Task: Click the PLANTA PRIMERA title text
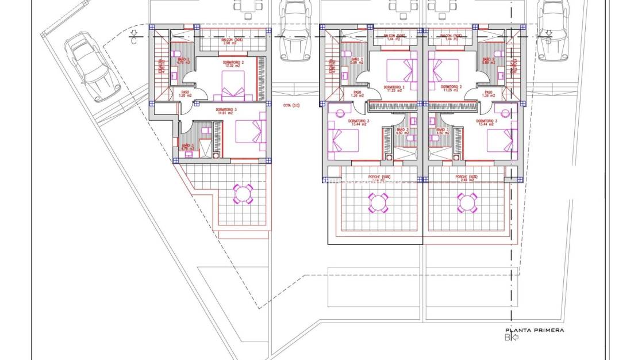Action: [x=534, y=330]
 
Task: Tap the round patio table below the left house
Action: [x=243, y=194]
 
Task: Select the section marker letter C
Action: [x=134, y=40]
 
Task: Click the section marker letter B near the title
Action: [x=508, y=338]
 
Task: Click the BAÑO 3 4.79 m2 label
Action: [x=188, y=147]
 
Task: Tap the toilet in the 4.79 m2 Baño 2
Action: [x=175, y=55]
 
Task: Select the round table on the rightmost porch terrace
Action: [x=467, y=202]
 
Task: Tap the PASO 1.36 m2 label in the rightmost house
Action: [x=488, y=94]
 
